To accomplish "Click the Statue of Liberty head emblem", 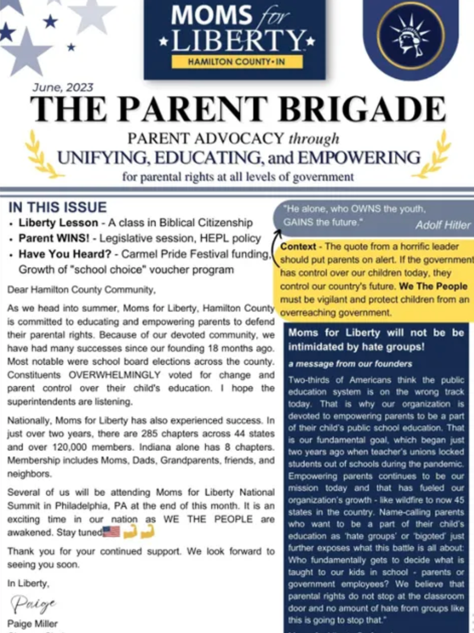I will (411, 35).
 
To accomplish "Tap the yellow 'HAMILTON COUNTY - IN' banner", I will (237, 61).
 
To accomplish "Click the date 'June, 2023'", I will (63, 88).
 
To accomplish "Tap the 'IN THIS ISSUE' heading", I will (57, 207).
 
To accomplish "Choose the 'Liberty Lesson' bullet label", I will (58, 222).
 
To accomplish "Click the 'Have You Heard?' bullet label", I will (67, 254).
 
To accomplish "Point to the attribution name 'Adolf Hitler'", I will (442, 224).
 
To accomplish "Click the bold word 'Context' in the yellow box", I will (298, 246).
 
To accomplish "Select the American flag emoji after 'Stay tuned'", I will (112, 532).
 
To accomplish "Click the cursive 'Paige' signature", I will (33, 603).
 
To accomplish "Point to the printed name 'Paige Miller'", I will (32, 623).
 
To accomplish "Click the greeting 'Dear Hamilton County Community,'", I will (81, 290).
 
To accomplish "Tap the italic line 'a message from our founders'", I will (350, 363).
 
